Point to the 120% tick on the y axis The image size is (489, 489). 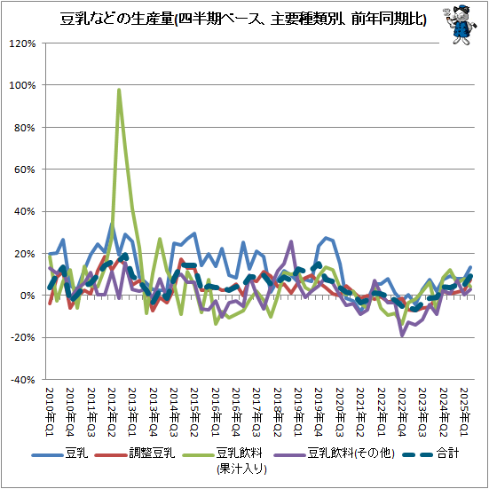pyautogui.click(x=22, y=43)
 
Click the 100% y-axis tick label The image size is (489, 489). pyautogui.click(x=22, y=85)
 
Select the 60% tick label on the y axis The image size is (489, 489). pyautogui.click(x=25, y=170)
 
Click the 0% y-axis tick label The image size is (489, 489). pyautogui.click(x=28, y=296)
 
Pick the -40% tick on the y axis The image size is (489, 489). pyautogui.click(x=23, y=379)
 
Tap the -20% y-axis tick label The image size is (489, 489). pyautogui.click(x=23, y=337)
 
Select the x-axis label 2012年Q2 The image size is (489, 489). pyautogui.click(x=111, y=409)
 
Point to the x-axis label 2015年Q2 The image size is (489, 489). pyautogui.click(x=193, y=409)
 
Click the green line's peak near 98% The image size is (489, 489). pyautogui.click(x=119, y=90)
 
